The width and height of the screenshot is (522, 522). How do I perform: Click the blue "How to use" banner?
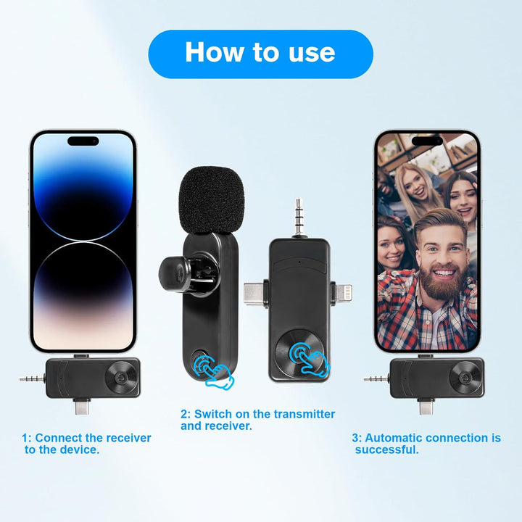click(261, 54)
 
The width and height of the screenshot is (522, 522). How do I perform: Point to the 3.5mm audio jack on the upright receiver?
click(298, 218)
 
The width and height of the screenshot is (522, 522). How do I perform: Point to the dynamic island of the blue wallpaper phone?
click(83, 141)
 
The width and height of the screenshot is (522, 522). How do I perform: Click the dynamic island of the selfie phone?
click(428, 141)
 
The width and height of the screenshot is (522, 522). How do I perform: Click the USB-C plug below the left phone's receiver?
click(82, 406)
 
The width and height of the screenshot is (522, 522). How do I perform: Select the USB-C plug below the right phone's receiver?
click(426, 406)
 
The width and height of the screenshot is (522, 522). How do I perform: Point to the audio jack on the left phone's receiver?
click(33, 378)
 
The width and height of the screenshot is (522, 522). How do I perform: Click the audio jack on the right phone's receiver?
click(376, 378)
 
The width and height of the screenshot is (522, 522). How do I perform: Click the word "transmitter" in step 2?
click(304, 414)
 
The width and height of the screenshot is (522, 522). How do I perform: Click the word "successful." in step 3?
click(387, 449)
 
